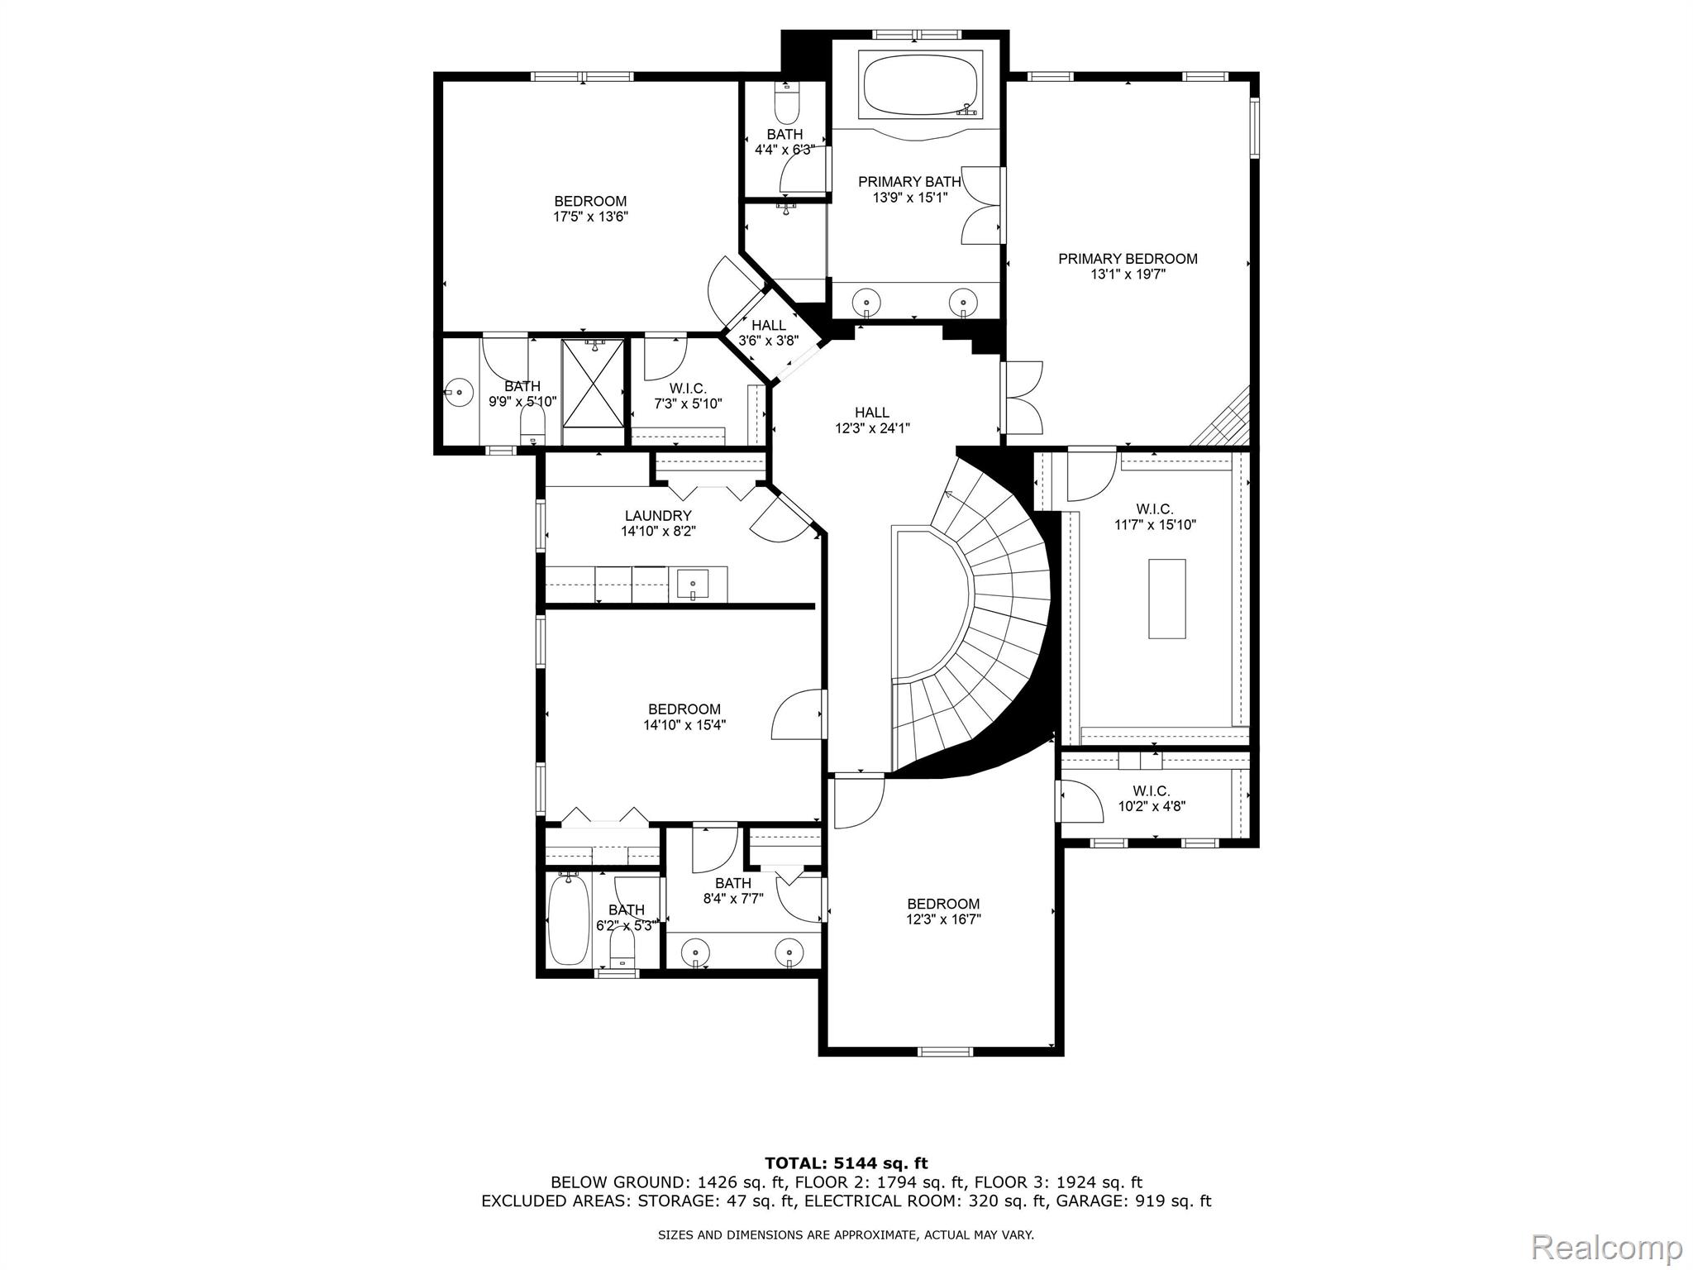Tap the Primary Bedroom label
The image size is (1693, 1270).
tap(1128, 259)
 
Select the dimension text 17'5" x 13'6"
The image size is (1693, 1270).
tap(590, 217)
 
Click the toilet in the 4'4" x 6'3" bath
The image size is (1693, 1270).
tap(786, 104)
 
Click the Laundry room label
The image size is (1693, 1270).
tap(658, 516)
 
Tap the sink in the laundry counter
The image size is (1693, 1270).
tap(692, 585)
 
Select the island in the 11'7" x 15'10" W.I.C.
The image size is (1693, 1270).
tap(1166, 599)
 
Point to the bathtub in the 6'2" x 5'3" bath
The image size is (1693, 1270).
tap(569, 920)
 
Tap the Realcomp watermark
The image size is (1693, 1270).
tap(1607, 1246)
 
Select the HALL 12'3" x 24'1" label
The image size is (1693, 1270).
tap(872, 420)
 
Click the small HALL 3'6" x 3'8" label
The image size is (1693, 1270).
tap(768, 333)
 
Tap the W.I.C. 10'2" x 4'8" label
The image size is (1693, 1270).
tap(1152, 799)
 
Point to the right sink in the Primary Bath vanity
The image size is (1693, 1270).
tap(962, 299)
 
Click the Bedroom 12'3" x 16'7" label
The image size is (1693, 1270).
tap(943, 911)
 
